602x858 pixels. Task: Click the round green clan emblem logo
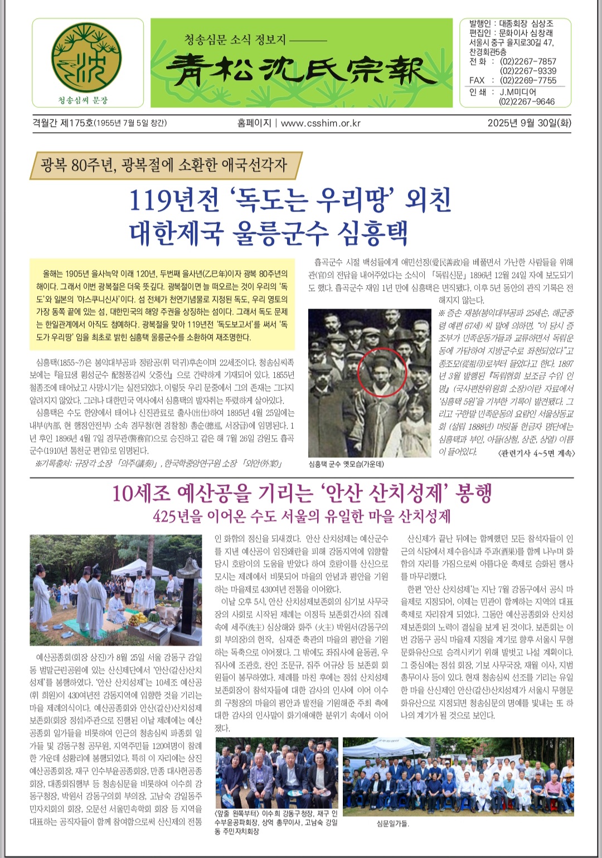click(x=87, y=58)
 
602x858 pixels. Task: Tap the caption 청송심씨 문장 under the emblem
click(x=83, y=100)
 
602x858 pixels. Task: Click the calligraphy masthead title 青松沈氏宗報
click(x=301, y=71)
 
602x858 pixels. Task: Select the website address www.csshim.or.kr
click(x=321, y=123)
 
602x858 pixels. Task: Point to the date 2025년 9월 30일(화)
click(x=529, y=123)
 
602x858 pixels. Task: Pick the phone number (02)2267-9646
click(x=527, y=101)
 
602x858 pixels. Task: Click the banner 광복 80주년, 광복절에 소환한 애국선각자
click(x=164, y=165)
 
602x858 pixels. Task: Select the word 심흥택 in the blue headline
click(x=372, y=233)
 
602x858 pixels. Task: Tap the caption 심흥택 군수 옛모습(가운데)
click(x=346, y=464)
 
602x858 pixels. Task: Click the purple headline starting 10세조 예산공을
click(x=302, y=494)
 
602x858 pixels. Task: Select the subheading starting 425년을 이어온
click(x=302, y=516)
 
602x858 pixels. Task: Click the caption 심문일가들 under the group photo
click(x=393, y=823)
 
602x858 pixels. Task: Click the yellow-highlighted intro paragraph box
click(x=162, y=305)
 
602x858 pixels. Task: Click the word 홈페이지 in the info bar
click(x=254, y=123)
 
